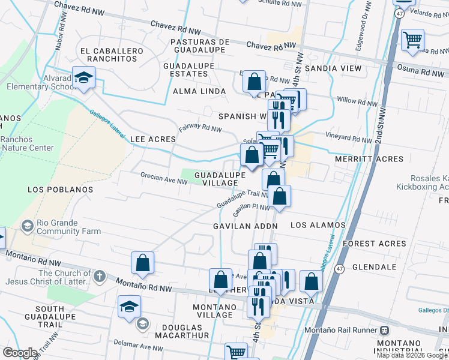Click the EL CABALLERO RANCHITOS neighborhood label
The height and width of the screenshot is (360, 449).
click(115, 55)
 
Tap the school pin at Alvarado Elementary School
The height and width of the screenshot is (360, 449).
click(84, 77)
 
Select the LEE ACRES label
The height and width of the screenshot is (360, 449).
click(153, 139)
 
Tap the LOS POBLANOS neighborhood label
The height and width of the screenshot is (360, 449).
click(61, 190)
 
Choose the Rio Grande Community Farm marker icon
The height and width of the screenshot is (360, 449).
click(27, 226)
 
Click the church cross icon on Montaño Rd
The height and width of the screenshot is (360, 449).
click(100, 276)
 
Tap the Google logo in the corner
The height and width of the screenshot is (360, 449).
click(19, 353)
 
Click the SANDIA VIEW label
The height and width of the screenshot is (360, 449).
click(333, 68)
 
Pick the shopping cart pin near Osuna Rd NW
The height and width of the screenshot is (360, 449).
click(412, 40)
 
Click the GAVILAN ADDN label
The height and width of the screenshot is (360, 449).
click(246, 226)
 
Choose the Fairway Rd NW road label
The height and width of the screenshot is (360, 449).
click(200, 128)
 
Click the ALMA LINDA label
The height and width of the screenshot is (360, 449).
click(199, 91)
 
